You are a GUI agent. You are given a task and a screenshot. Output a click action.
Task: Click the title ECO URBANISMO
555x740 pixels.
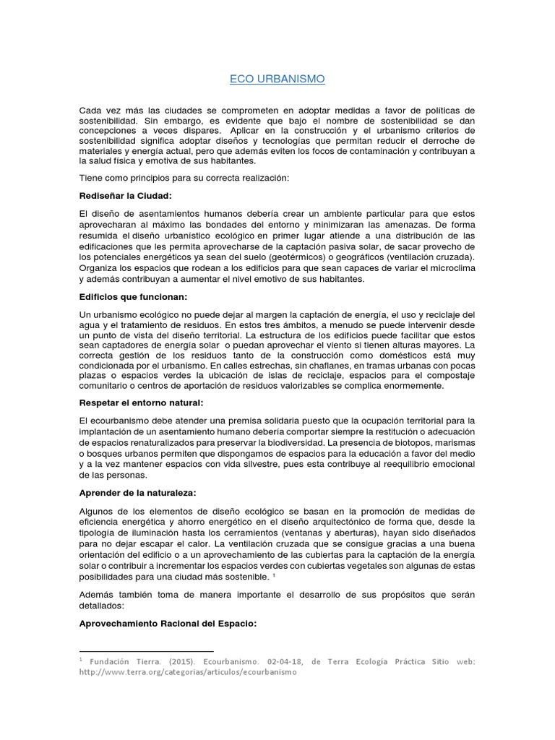tap(277, 78)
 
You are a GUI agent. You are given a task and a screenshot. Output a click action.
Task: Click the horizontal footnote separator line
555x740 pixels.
tap(147, 652)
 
